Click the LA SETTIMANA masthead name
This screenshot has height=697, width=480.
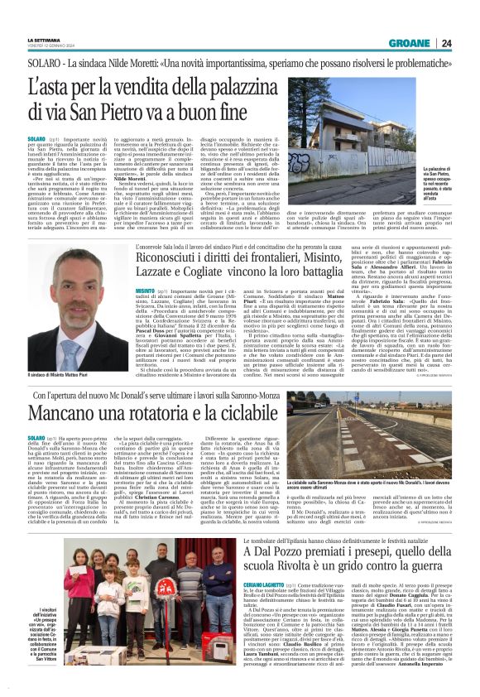click(44, 39)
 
